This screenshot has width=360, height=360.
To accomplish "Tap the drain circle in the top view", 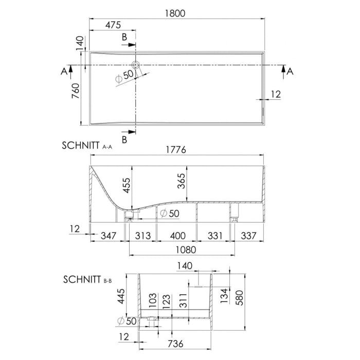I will tap(136, 65).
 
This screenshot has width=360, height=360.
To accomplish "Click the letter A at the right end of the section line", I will tap(290, 71).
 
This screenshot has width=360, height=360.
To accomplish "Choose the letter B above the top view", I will tap(124, 37).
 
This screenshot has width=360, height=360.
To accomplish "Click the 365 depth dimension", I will tap(181, 181).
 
